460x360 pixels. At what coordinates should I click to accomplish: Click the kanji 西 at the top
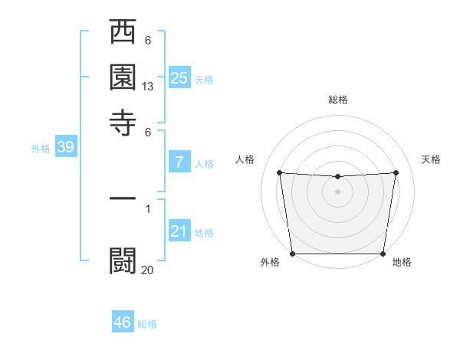[x=123, y=34]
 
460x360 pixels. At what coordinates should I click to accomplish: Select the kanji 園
[x=123, y=78]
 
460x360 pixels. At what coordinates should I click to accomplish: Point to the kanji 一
[x=123, y=198]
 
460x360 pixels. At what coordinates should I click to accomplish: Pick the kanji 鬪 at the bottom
[x=123, y=260]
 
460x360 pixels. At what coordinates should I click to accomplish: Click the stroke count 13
[x=148, y=87]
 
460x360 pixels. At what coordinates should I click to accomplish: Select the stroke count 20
[x=148, y=269]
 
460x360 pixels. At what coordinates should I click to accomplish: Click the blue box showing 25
[x=179, y=77]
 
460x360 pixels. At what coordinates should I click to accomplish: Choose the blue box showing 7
[x=179, y=162]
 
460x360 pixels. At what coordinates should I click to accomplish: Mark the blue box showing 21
[x=179, y=231]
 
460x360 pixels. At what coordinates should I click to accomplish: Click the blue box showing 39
[x=65, y=147]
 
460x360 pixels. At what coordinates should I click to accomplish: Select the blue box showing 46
[x=123, y=322]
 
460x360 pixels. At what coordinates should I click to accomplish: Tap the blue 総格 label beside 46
[x=147, y=324]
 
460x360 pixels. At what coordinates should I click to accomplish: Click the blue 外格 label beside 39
[x=41, y=149]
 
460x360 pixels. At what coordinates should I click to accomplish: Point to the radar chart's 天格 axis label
[x=432, y=159]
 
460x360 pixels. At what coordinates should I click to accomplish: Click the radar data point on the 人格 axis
[x=279, y=172]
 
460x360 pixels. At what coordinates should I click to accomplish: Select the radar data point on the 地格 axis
[x=383, y=254]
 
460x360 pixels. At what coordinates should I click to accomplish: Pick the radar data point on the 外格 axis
[x=292, y=254]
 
